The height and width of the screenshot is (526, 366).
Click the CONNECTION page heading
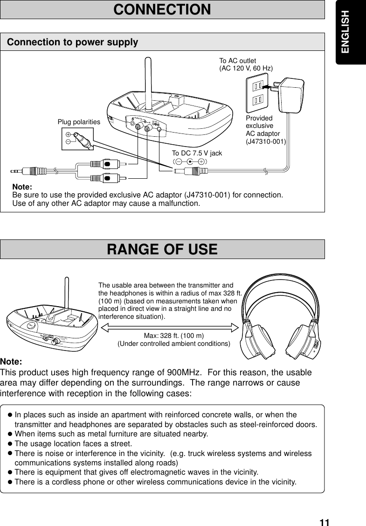point(162,9)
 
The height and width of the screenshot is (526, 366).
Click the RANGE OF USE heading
point(162,249)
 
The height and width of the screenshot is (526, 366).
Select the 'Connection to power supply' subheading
point(73,42)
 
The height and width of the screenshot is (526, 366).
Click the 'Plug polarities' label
point(79,122)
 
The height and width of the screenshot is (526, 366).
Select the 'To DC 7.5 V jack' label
point(197,153)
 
